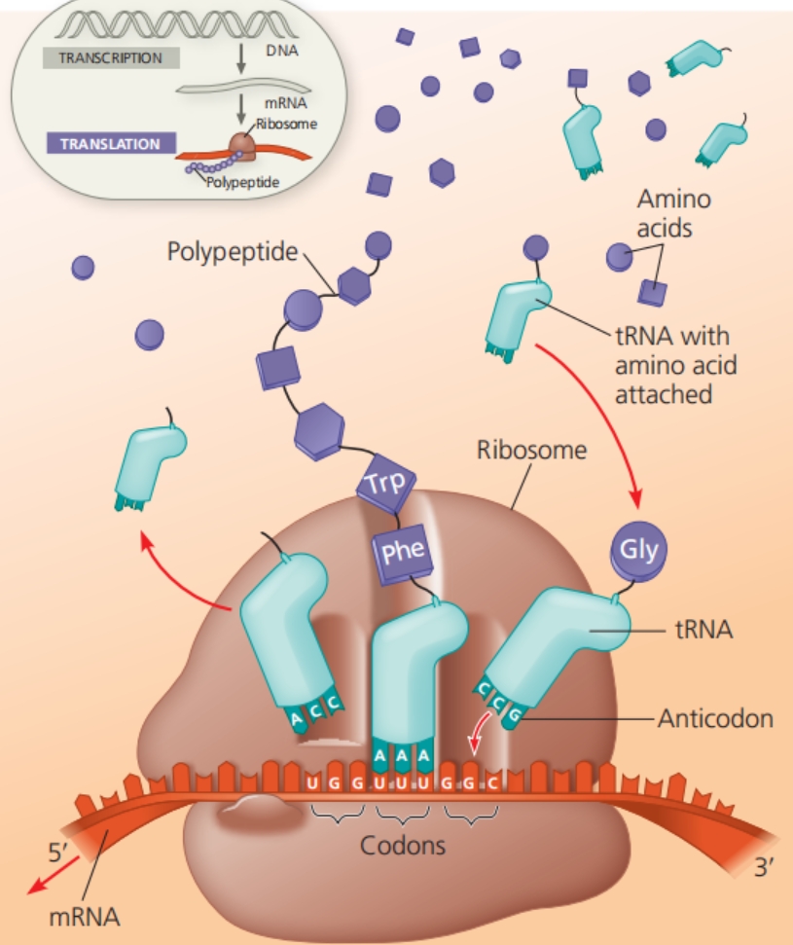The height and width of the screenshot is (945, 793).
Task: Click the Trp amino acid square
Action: click(385, 485)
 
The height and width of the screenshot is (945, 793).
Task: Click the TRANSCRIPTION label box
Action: click(110, 57)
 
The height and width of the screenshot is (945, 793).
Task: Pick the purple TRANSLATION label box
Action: click(110, 144)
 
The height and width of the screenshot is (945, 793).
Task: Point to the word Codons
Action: click(403, 845)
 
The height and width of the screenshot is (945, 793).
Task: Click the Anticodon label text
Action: click(715, 719)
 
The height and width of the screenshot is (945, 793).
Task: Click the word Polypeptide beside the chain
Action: click(232, 252)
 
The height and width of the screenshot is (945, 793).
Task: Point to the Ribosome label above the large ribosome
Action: click(532, 451)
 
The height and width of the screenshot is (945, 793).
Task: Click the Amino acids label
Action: click(673, 212)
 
